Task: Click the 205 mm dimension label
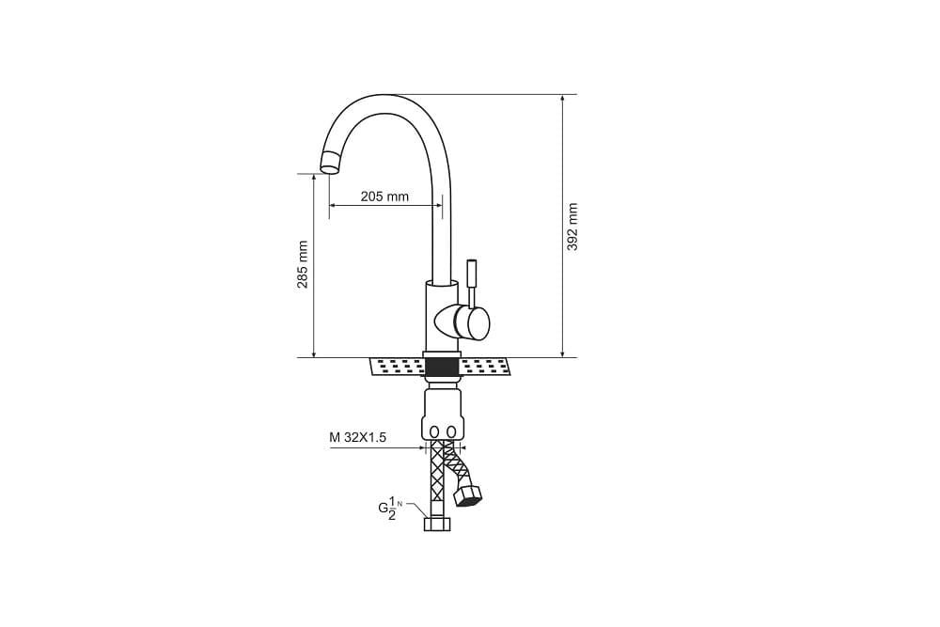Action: [384, 196]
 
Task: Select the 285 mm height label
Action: [303, 264]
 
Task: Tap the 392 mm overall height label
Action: [572, 227]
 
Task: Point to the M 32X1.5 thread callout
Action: [357, 437]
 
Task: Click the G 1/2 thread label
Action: [389, 508]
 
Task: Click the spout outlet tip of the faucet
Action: [330, 162]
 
